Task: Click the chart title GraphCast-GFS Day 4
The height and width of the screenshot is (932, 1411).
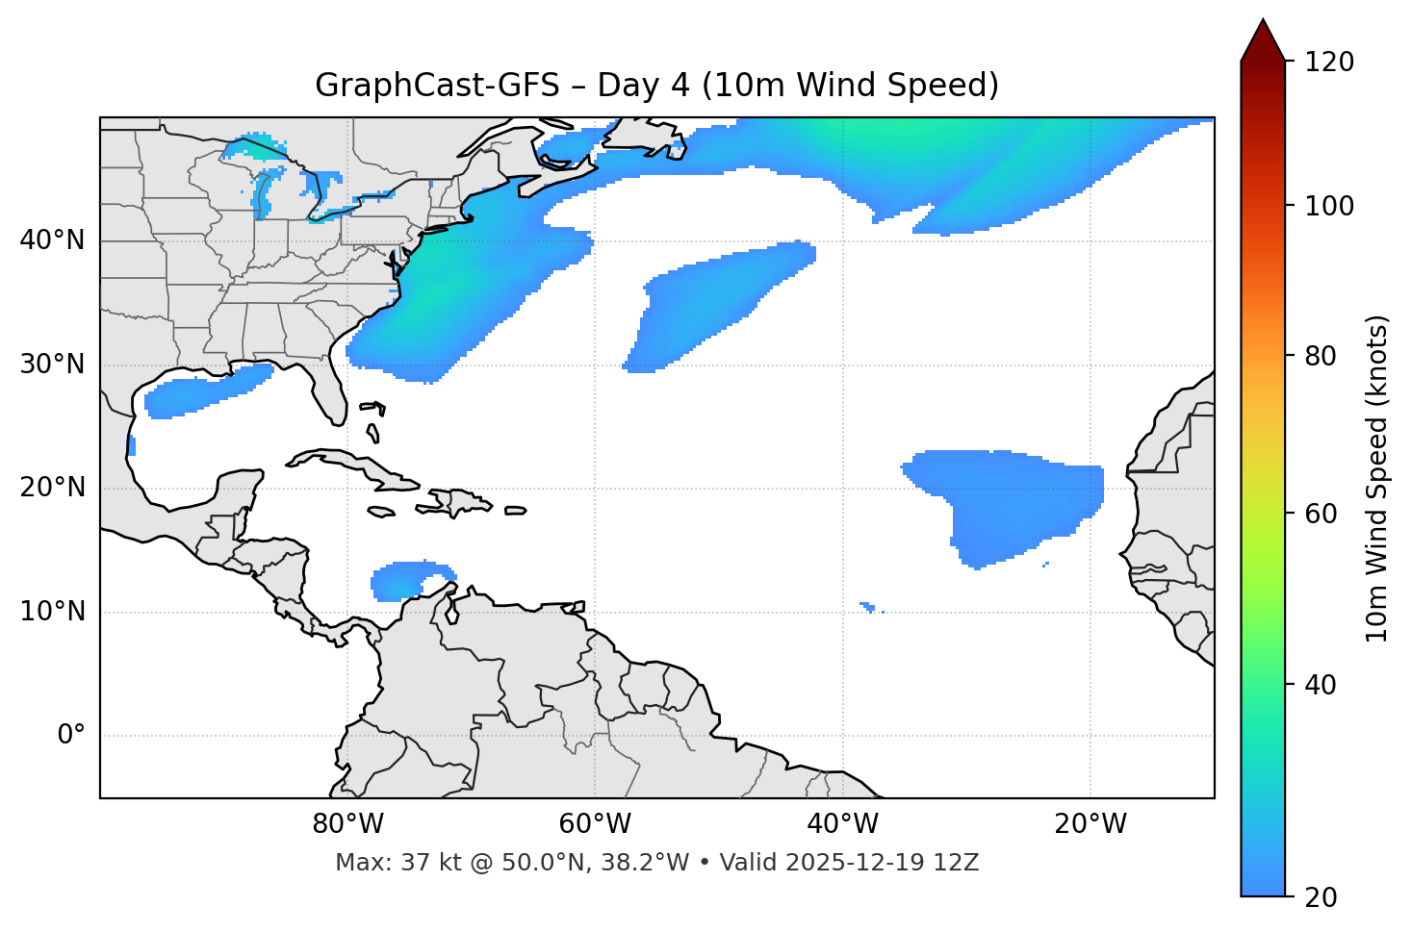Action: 656,86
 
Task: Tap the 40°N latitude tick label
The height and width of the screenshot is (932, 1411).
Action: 52,240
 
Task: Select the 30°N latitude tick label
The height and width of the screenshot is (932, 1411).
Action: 52,365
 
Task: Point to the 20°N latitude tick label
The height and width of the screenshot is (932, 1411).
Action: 52,488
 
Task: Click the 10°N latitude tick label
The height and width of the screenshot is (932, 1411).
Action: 52,612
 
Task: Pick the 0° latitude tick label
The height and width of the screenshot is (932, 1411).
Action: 71,736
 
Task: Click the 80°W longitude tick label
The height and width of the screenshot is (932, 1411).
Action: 347,824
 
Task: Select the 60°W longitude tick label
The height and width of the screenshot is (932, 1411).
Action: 595,824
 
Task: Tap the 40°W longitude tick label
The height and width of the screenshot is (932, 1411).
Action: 842,824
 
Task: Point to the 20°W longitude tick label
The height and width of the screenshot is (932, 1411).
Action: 1090,824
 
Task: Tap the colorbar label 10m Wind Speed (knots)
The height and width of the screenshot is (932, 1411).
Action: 1377,478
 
